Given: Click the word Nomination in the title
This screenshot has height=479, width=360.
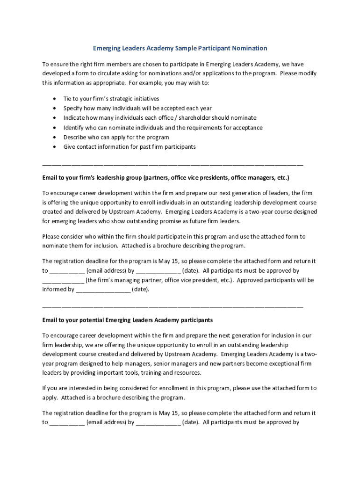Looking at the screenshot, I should click(246, 48).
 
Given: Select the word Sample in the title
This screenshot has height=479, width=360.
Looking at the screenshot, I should click(186, 48).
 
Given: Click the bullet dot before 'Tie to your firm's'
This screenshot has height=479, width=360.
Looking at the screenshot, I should click(55, 99).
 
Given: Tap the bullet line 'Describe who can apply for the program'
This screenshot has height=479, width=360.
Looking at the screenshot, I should click(116, 137).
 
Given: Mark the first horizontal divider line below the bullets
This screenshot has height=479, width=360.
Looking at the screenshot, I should click(173, 165).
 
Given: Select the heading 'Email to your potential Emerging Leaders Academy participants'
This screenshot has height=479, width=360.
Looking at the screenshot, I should click(127, 320).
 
